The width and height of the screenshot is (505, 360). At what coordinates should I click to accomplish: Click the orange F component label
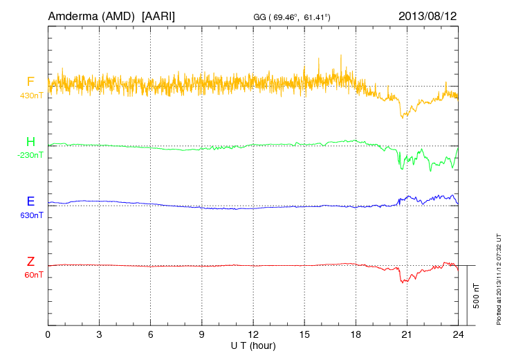tap(30, 82)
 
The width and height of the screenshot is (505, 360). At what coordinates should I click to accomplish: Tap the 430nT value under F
tap(30, 95)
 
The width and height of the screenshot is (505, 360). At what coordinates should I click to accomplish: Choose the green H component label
tap(30, 142)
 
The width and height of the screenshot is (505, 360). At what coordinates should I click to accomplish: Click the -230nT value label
tap(30, 155)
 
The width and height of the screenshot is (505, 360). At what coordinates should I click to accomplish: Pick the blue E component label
tap(30, 201)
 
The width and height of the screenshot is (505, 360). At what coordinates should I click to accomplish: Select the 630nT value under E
tap(30, 215)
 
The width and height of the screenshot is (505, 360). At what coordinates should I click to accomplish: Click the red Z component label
tap(30, 262)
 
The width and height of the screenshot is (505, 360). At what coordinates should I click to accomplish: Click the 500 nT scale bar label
tap(477, 296)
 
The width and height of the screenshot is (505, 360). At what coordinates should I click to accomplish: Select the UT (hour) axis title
tap(253, 345)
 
